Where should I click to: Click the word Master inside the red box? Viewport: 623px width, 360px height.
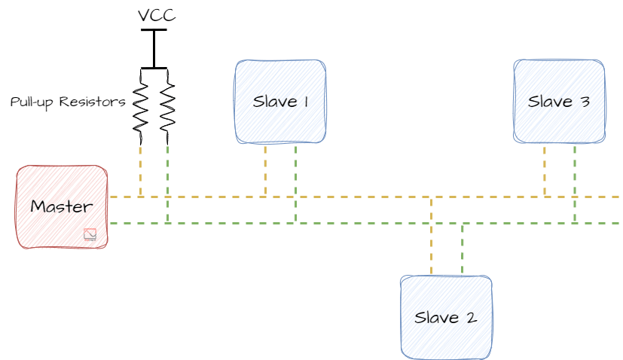point(60,206)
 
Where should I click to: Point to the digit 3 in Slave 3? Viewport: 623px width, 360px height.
point(585,102)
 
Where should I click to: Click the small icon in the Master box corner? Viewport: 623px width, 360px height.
point(90,234)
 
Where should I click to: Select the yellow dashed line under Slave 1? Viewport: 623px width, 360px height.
point(265,169)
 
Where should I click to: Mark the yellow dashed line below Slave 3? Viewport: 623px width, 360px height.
point(545,169)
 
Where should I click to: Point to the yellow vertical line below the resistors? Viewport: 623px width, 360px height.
point(140,169)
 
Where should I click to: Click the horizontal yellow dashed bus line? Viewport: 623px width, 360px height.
point(354,197)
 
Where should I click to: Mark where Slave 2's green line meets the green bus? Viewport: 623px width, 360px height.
point(462,224)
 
